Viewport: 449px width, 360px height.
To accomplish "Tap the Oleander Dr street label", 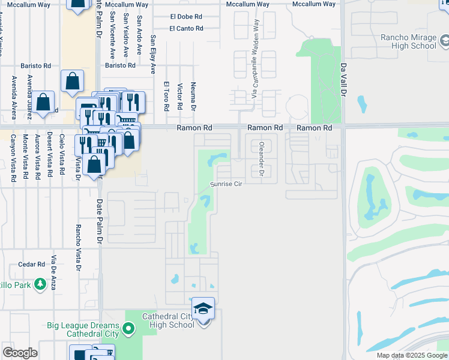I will pyautogui.click(x=261, y=159).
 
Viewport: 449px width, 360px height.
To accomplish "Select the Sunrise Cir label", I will pyautogui.click(x=225, y=184).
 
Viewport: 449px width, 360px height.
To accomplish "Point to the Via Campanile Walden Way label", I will pyautogui.click(x=255, y=59).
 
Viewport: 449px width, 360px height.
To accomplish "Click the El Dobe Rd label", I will pyautogui.click(x=186, y=16).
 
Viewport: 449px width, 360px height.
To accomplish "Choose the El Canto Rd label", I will pyautogui.click(x=186, y=28).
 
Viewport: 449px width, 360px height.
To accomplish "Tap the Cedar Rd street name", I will pyautogui.click(x=32, y=264).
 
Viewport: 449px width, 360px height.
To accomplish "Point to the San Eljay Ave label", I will pyautogui.click(x=153, y=54).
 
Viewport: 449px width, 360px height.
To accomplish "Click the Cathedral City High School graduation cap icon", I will pyautogui.click(x=203, y=309).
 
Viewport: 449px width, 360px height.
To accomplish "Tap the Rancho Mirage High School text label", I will pyautogui.click(x=408, y=41).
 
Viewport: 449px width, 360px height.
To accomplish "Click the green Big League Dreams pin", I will pyautogui.click(x=128, y=328).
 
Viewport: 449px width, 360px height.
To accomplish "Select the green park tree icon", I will pyautogui.click(x=40, y=284).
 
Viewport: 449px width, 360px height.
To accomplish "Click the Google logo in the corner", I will pyautogui.click(x=20, y=353).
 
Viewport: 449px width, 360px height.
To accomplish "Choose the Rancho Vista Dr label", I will pyautogui.click(x=77, y=244).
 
